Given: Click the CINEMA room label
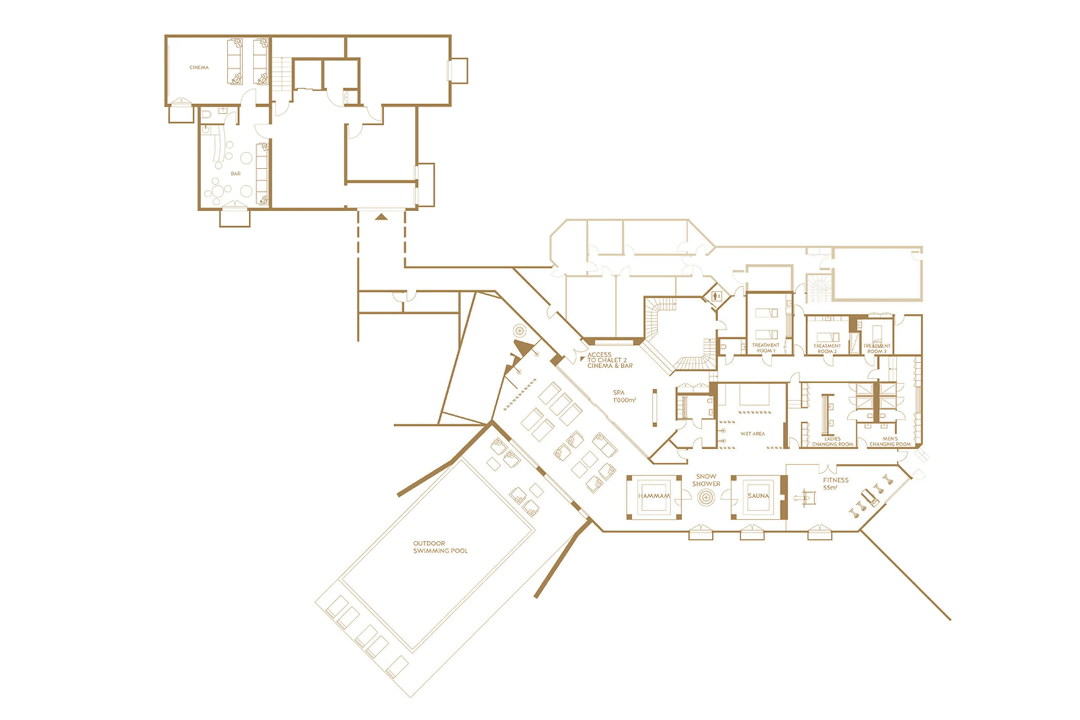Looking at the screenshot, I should click(x=199, y=68).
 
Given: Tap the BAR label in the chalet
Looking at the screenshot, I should click(x=235, y=174).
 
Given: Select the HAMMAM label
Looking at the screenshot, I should click(x=654, y=496).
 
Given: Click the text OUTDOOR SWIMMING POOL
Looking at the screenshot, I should click(x=440, y=547).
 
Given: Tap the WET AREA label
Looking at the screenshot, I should click(x=752, y=434).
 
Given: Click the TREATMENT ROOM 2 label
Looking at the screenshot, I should click(x=827, y=349).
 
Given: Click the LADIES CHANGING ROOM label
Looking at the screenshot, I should click(x=832, y=442).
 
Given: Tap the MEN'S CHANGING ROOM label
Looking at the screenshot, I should click(x=890, y=442).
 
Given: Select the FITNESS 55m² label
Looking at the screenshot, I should click(x=835, y=483).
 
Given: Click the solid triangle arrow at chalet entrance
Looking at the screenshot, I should click(x=381, y=217).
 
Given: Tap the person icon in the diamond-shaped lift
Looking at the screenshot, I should click(x=717, y=297).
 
